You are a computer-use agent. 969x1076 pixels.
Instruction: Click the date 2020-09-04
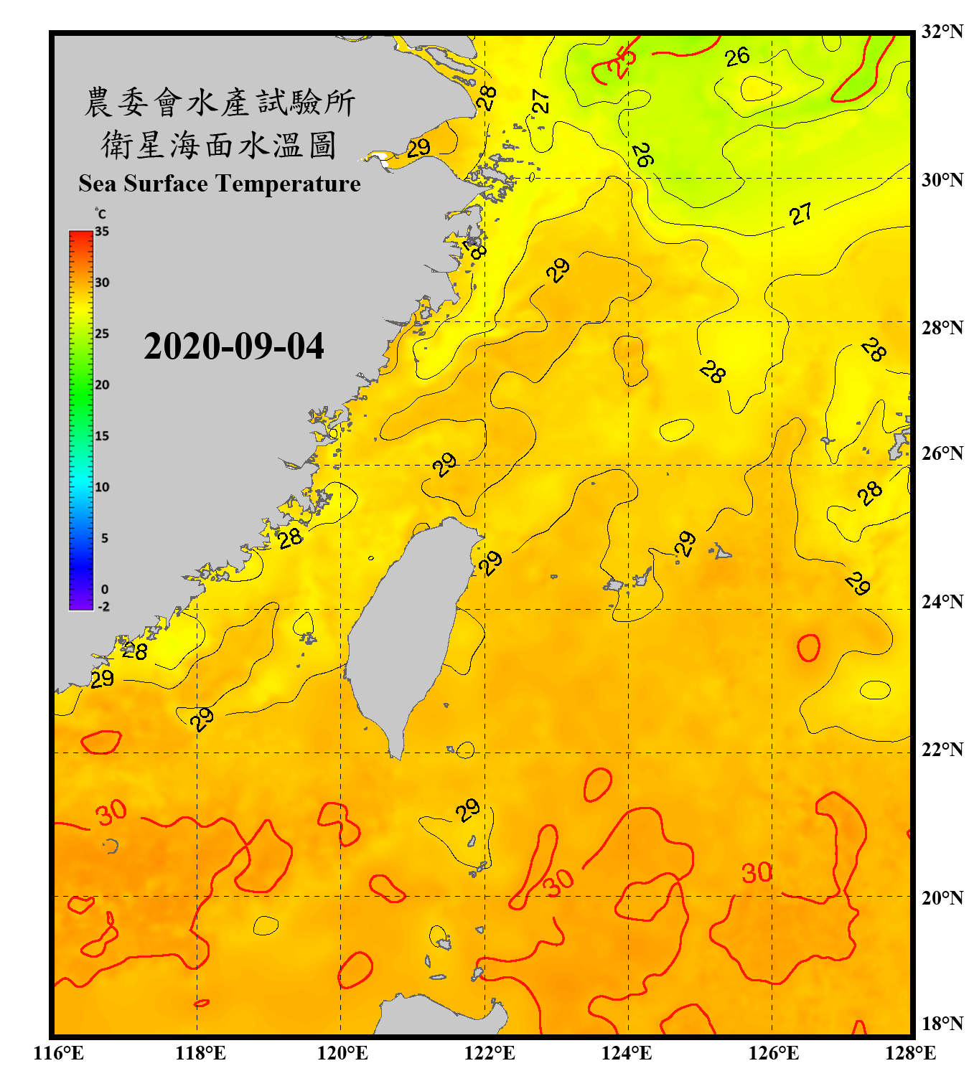(234, 346)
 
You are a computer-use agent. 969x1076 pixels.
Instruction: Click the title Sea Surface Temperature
(220, 184)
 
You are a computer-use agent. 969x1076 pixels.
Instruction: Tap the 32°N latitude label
(942, 32)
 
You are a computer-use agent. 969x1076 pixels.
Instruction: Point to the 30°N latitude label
(942, 179)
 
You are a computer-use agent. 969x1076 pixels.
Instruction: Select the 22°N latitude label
(942, 750)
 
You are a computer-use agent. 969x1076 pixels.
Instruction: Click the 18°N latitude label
(942, 1024)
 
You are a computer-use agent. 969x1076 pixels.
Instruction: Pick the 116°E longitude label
(59, 1053)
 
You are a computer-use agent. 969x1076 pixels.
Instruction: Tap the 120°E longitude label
(342, 1053)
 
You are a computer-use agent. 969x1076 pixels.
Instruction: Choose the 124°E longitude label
(627, 1053)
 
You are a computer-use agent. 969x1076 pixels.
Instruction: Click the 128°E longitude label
(910, 1053)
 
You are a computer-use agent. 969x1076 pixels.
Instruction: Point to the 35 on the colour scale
(102, 232)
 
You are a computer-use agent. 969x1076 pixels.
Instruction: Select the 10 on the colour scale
(102, 487)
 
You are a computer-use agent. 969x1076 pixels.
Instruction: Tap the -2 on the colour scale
(103, 606)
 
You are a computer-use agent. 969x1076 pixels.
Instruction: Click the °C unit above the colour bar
(100, 214)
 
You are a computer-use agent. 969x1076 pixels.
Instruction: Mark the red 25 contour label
(621, 62)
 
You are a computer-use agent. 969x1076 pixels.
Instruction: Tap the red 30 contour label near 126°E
(757, 873)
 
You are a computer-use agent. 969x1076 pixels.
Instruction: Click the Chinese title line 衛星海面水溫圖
(219, 146)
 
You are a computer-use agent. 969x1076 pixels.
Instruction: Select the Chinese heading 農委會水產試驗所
(220, 103)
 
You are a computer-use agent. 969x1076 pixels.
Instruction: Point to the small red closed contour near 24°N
(808, 648)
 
